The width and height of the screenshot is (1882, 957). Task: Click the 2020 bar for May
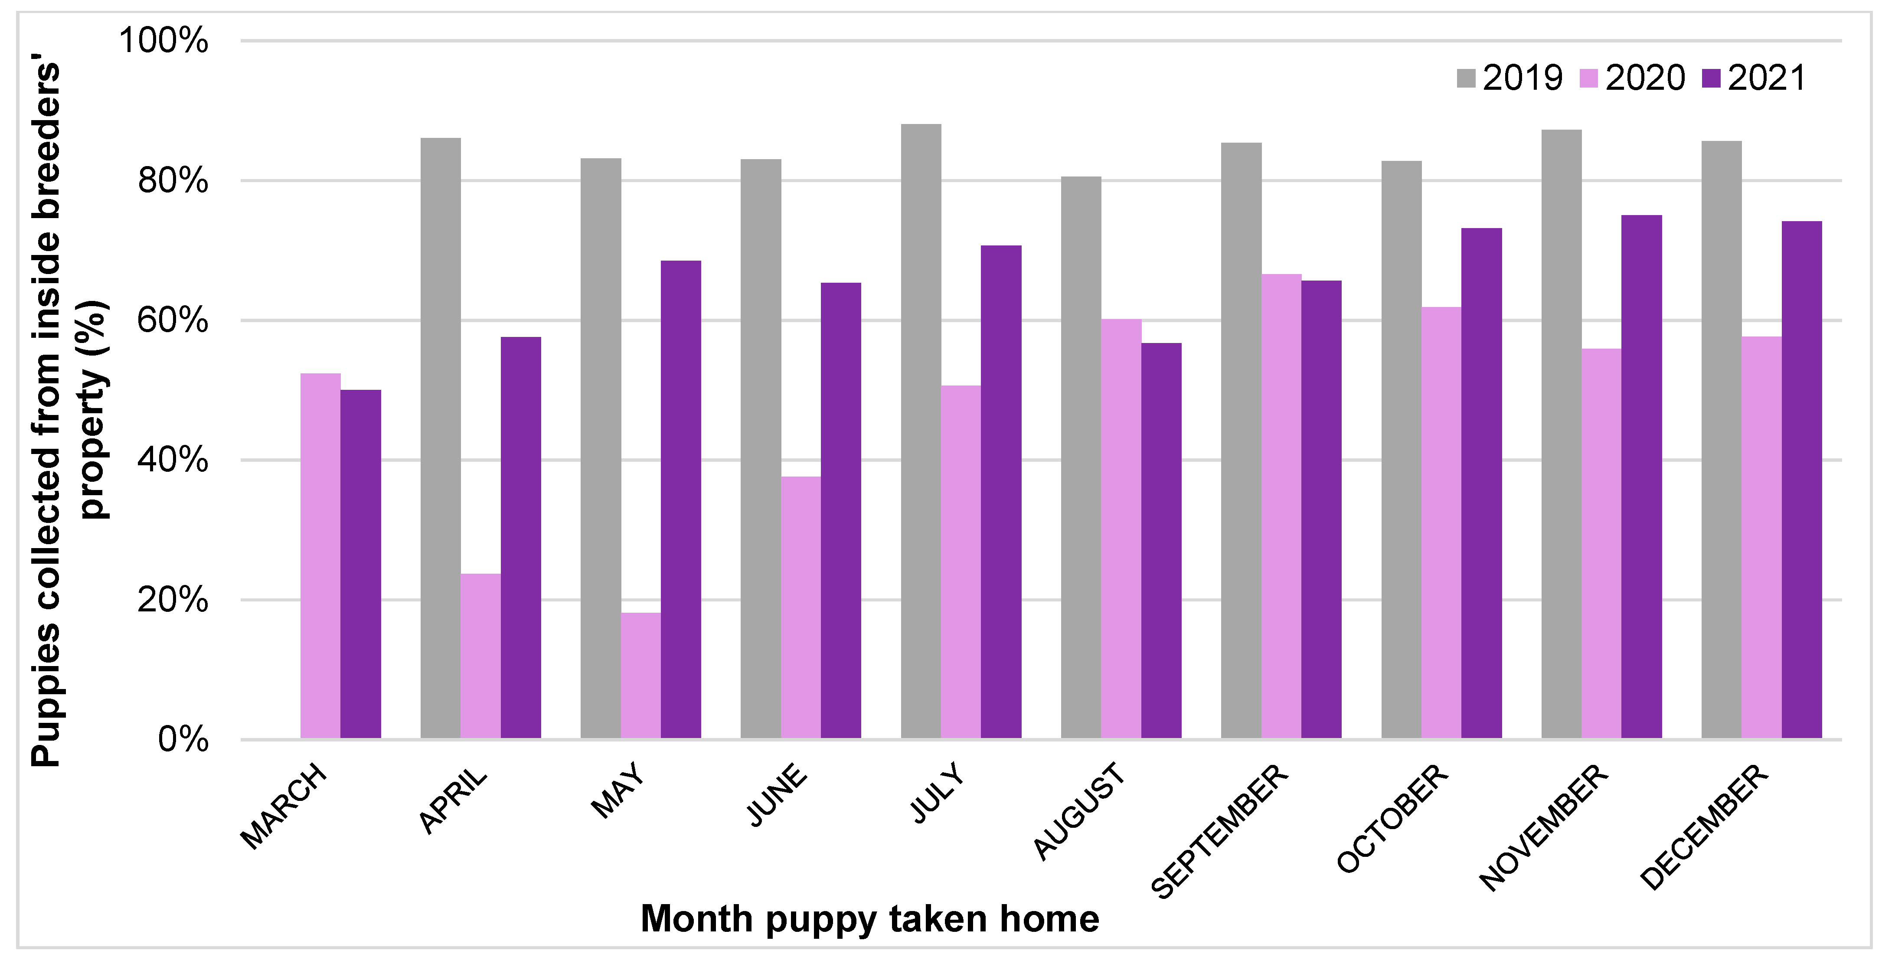coord(641,676)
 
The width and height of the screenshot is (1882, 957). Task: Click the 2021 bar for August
coord(1161,541)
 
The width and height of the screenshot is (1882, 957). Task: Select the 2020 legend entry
coord(1632,78)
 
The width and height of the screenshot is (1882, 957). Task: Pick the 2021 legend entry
coord(1753,78)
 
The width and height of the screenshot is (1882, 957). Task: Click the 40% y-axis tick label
coord(173,460)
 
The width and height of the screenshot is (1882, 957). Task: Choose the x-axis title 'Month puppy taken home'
coord(869,918)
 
